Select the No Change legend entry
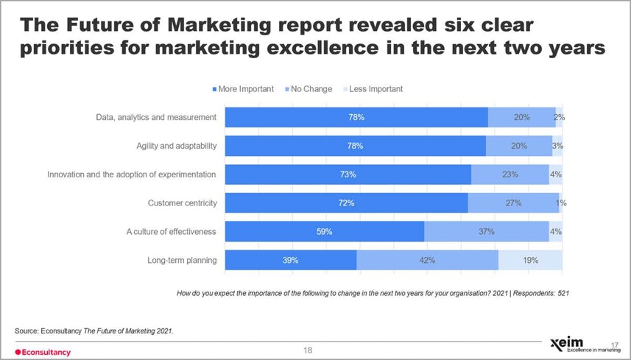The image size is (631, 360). [x=307, y=89]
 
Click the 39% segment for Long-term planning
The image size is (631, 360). [x=290, y=260]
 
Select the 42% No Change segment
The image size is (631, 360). [x=427, y=260]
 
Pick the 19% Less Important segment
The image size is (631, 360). [x=530, y=260]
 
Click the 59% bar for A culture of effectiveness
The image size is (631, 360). [x=324, y=231]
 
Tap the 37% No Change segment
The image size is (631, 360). [x=486, y=231]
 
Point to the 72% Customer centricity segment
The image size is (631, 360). [x=346, y=202]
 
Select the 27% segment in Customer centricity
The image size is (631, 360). [x=513, y=202]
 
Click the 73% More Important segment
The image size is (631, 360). [x=348, y=174]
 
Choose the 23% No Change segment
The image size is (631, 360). [x=510, y=174]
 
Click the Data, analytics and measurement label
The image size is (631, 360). [x=156, y=117]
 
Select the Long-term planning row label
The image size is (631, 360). [x=181, y=260]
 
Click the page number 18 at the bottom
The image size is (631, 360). [x=309, y=350]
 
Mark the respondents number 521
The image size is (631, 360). [x=563, y=293]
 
